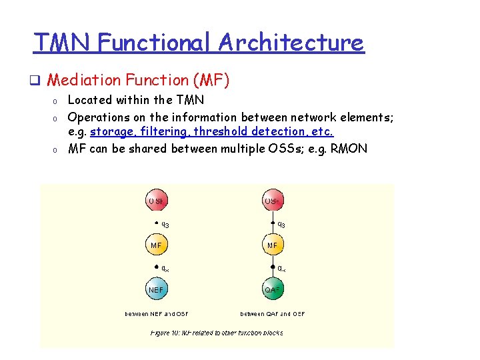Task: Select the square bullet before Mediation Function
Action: coord(40,81)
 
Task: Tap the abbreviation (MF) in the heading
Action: coord(211,80)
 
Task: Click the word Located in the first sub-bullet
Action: coord(91,101)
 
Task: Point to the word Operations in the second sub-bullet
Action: coord(101,117)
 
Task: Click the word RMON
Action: coord(349,148)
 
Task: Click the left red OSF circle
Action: coord(157,201)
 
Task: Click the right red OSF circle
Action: coord(273,201)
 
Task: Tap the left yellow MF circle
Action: coord(157,245)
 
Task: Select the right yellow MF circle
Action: coord(273,245)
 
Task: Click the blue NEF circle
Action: coord(157,289)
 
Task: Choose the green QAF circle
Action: coord(273,289)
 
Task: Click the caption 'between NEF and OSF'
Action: coord(157,313)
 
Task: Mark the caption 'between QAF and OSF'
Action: coord(273,313)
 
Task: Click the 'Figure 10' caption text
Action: coord(217,332)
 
